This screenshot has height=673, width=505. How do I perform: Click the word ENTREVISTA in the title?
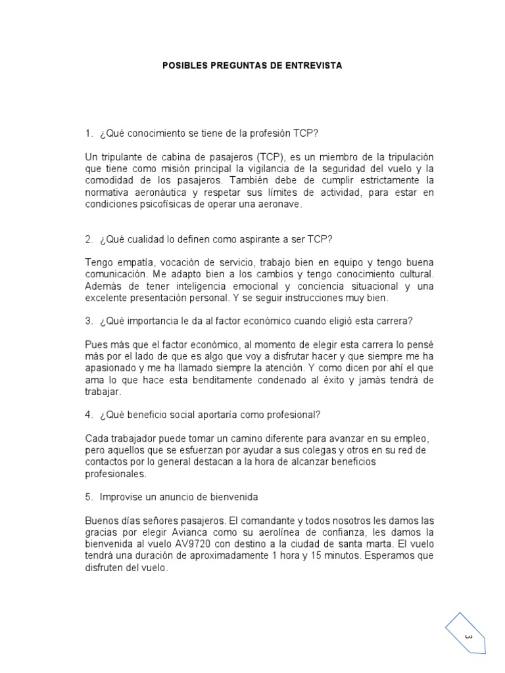[x=314, y=66]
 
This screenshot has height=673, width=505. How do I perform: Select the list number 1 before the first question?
[x=88, y=134]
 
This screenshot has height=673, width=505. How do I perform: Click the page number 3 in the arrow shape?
[x=469, y=637]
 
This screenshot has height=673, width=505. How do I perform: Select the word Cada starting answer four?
[x=96, y=438]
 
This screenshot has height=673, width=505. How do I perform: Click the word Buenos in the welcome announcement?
[x=101, y=519]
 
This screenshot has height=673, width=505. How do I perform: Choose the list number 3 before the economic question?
[x=88, y=321]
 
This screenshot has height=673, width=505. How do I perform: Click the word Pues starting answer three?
[x=96, y=344]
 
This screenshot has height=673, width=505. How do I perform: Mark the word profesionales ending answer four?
[x=115, y=473]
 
